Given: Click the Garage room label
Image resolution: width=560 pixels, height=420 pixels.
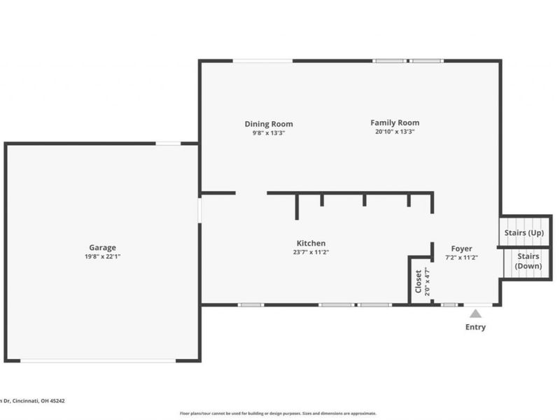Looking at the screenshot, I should [x=102, y=247].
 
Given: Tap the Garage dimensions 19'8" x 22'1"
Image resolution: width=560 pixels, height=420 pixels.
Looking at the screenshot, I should [x=102, y=256].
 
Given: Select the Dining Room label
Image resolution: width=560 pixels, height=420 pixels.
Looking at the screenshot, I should [x=269, y=124].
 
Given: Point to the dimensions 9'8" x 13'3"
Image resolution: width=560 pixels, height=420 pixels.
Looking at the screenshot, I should [x=269, y=132].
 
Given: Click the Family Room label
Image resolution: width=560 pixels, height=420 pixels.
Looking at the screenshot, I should [x=395, y=123].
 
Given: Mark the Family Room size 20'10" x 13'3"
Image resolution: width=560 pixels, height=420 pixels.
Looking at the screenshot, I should [x=395, y=132].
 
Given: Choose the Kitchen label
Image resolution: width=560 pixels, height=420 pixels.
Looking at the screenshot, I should [x=311, y=244].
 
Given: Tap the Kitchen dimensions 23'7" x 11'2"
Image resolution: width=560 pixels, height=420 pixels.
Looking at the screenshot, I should [x=311, y=252].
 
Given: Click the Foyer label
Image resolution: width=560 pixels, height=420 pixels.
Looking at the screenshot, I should [x=461, y=248].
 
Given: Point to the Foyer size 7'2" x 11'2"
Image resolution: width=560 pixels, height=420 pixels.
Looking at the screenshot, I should [x=461, y=257].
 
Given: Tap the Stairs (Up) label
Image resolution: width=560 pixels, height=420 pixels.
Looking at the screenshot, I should [x=524, y=232].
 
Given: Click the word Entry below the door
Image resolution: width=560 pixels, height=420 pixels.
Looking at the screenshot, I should [x=475, y=327].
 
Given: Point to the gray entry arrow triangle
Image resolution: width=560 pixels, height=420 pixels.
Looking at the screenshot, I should [x=475, y=314].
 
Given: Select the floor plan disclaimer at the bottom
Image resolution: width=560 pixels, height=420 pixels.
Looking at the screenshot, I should [x=278, y=413].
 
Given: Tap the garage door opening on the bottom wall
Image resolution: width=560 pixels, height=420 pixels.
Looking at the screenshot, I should [x=98, y=360].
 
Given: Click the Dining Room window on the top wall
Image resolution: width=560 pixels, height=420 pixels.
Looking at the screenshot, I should [x=262, y=61].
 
